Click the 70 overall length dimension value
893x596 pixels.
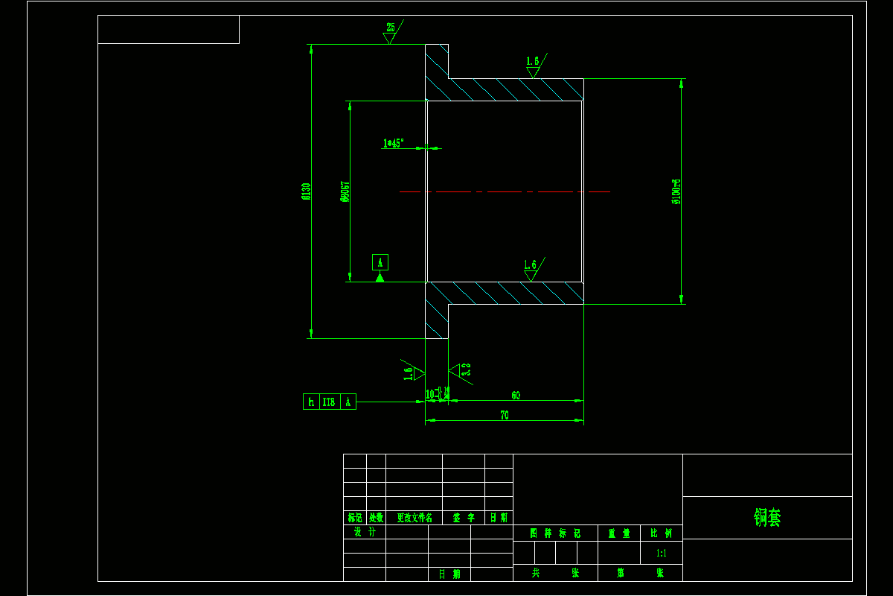click(x=505, y=416)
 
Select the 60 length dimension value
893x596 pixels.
click(x=516, y=396)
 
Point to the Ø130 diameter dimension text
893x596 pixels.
click(x=306, y=191)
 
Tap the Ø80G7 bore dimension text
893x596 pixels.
click(x=345, y=191)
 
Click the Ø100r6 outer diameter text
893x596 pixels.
click(x=676, y=191)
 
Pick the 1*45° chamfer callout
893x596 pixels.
click(x=393, y=143)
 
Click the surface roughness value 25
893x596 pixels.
click(x=391, y=28)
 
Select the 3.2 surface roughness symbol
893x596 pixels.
click(x=466, y=369)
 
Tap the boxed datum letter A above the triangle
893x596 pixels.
click(x=380, y=262)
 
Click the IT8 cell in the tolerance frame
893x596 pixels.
click(x=328, y=402)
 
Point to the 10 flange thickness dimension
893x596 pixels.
click(x=430, y=394)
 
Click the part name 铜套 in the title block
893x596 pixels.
click(x=767, y=518)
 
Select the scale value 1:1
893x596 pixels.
click(x=662, y=554)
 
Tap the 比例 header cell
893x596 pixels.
click(x=662, y=533)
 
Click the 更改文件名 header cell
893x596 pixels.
click(x=415, y=518)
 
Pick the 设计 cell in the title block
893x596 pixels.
click(x=365, y=532)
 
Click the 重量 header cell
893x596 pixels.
click(x=619, y=533)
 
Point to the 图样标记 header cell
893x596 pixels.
click(x=555, y=533)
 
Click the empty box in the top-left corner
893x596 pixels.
click(x=168, y=29)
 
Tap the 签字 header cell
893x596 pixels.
click(x=464, y=518)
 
